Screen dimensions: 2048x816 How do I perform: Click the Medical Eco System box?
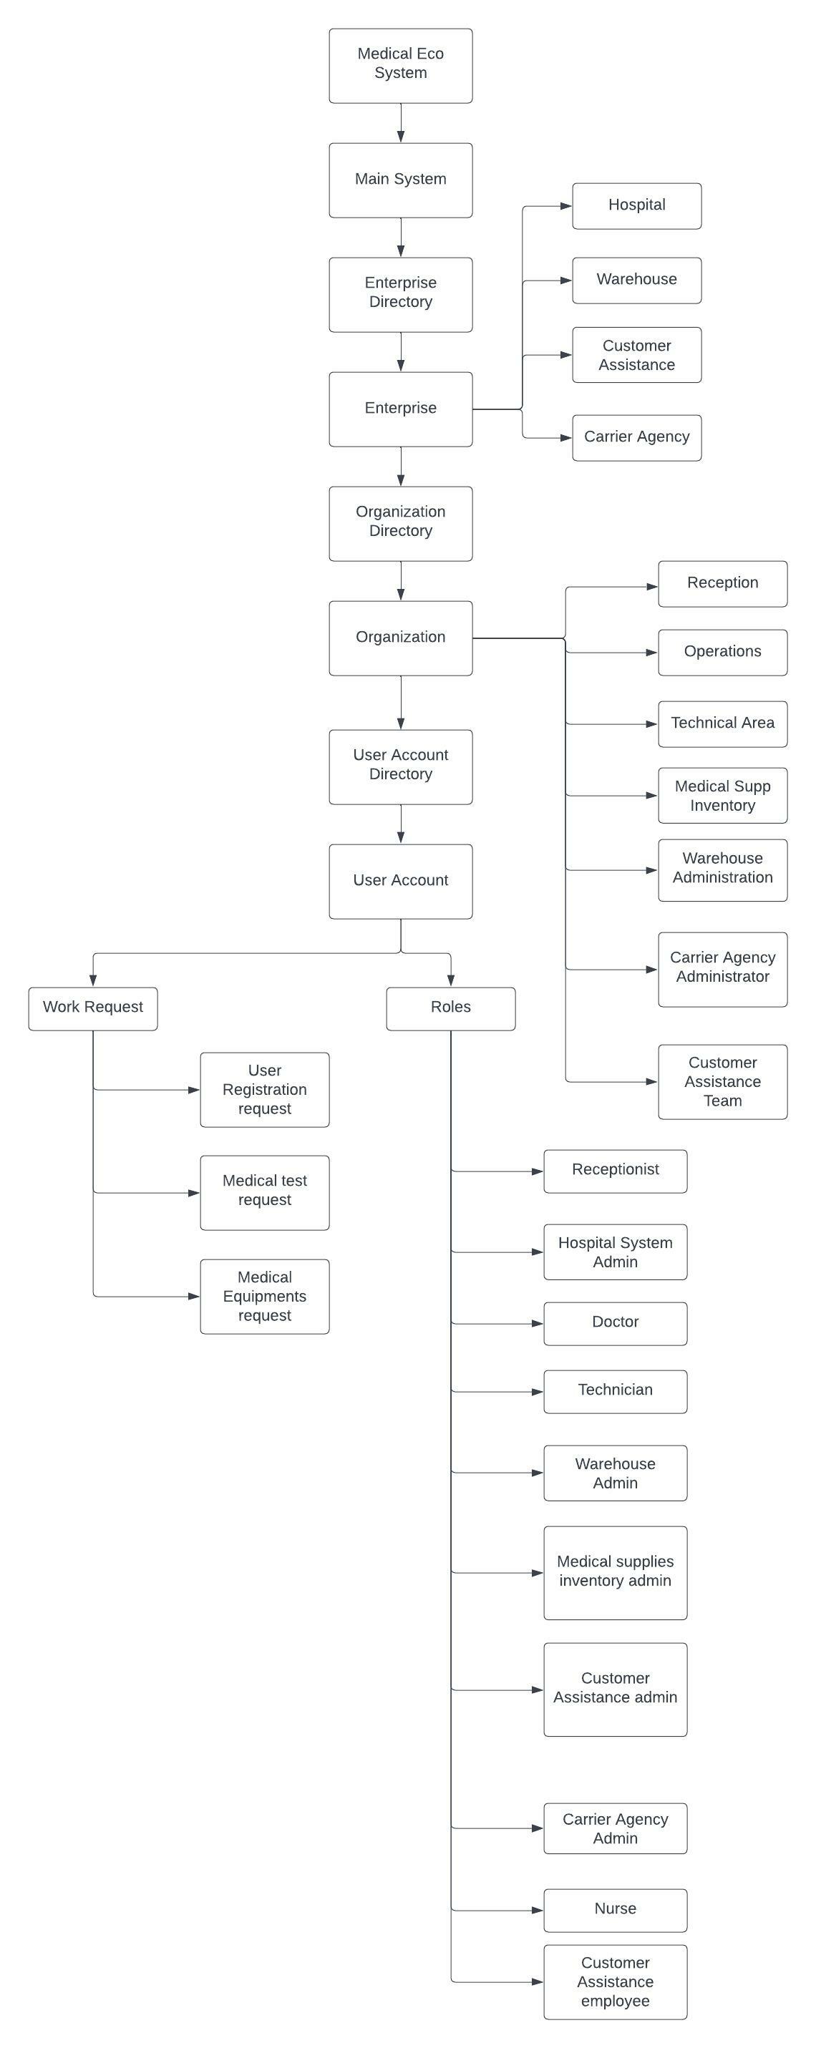400,66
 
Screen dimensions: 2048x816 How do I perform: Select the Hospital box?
636,206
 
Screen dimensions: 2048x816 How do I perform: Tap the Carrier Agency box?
636,437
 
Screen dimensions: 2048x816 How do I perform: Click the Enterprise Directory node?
400,294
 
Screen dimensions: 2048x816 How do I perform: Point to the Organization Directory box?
400,523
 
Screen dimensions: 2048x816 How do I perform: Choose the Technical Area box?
722,723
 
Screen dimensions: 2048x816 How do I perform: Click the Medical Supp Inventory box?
722,795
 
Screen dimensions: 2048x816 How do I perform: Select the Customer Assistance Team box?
722,1081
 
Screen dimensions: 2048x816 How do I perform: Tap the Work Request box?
93,1008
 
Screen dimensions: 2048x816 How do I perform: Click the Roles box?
450,1008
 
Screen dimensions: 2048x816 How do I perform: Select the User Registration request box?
264,1089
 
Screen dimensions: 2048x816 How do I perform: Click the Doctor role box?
615,1323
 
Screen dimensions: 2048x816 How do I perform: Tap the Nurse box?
615,1910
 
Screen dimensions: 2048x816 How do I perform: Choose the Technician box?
615,1391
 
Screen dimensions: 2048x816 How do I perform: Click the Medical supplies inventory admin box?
615,1573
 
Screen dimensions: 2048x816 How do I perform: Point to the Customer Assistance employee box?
615,1981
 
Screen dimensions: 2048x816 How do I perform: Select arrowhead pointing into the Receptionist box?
538,1171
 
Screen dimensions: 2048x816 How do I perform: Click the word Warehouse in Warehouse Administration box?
722,859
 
